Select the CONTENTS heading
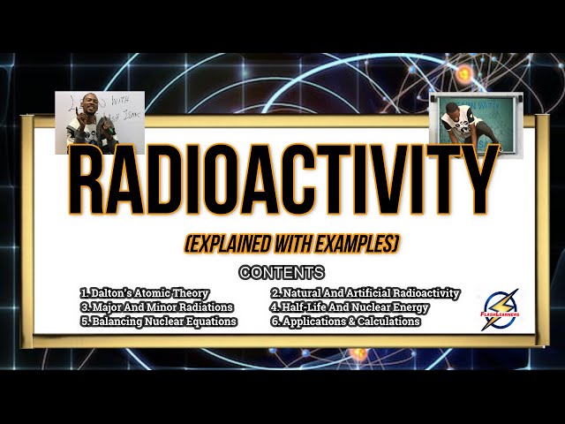pyautogui.click(x=282, y=273)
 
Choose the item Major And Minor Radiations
pyautogui.click(x=156, y=307)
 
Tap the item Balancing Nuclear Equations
pyautogui.click(x=158, y=321)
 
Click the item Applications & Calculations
pyautogui.click(x=345, y=321)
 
